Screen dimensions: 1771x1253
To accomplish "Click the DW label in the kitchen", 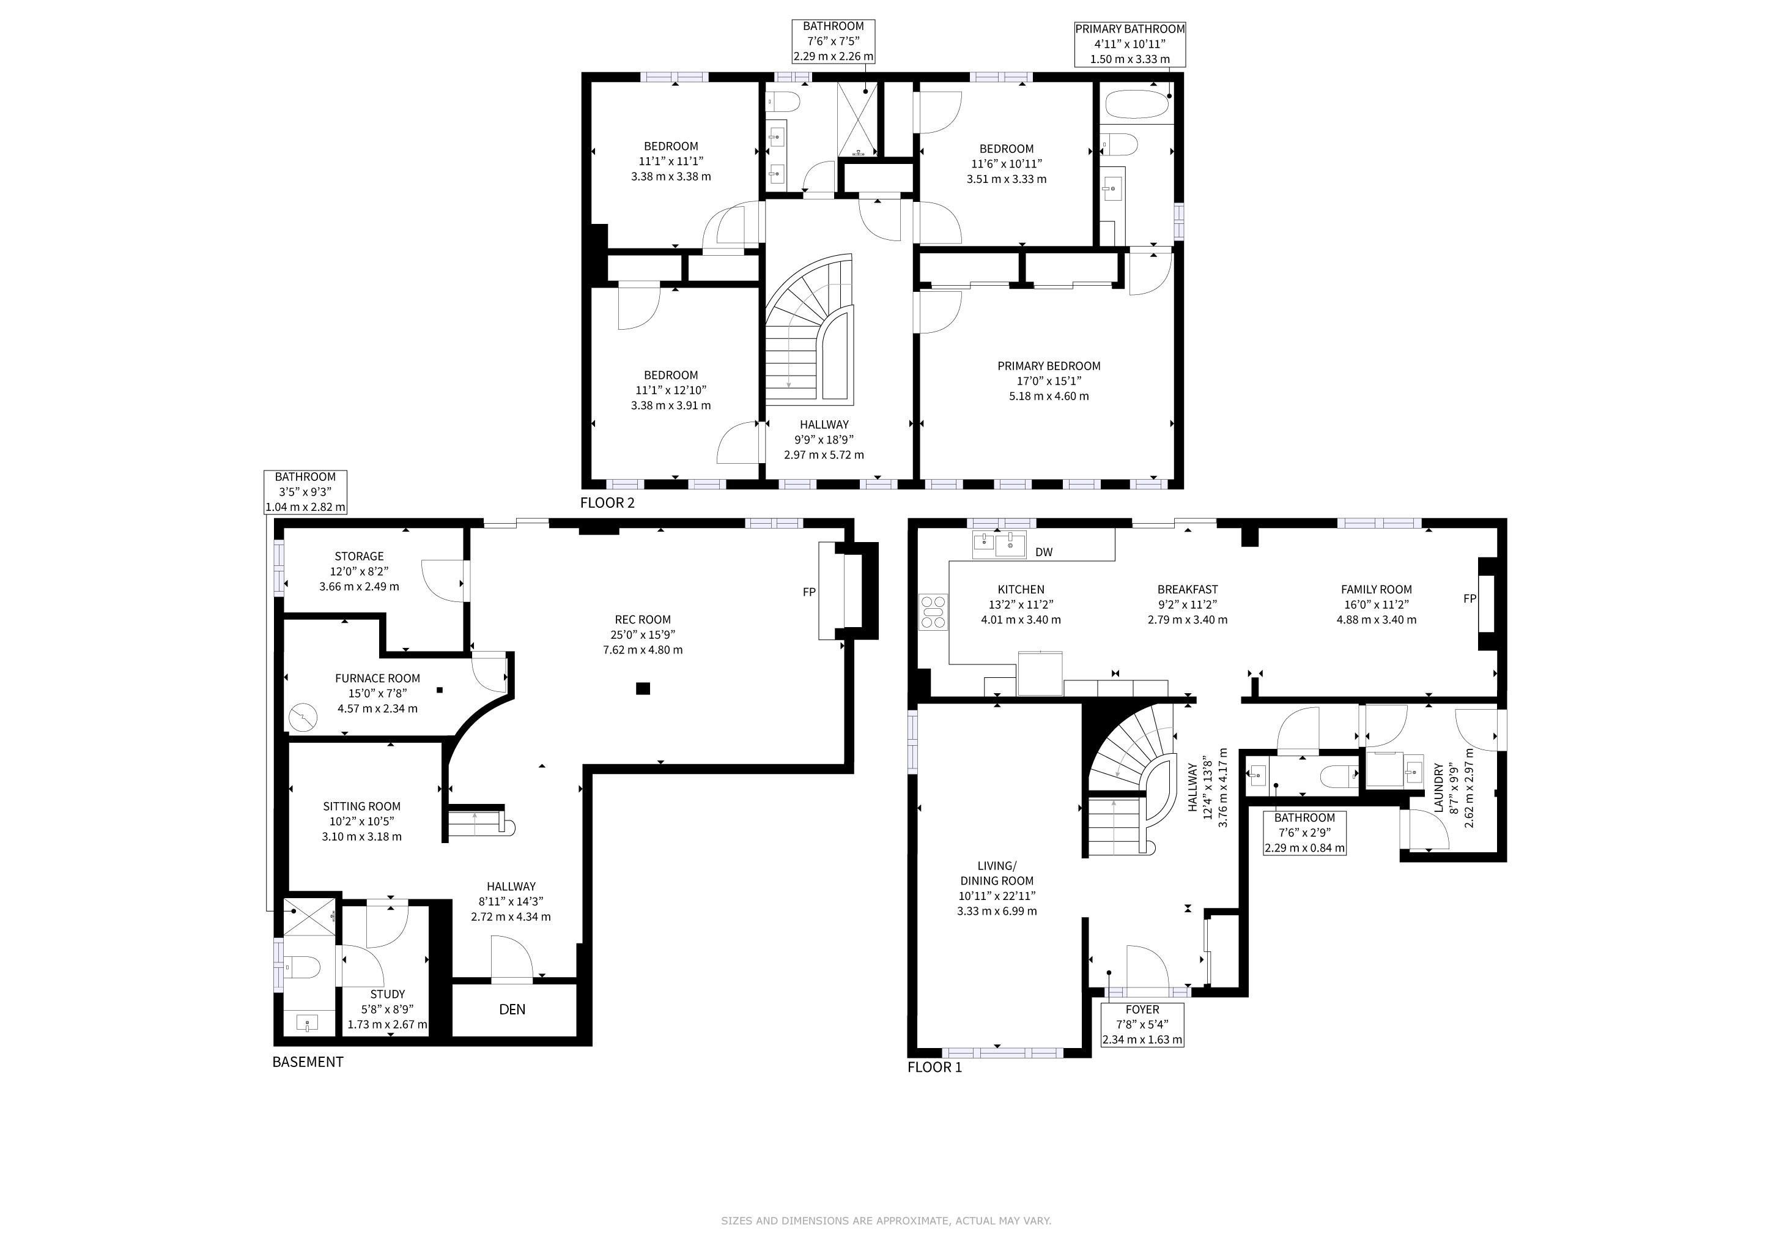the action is tap(1044, 552).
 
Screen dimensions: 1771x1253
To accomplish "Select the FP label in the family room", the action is tap(1470, 599).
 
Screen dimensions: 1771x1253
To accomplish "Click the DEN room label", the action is tap(512, 1009).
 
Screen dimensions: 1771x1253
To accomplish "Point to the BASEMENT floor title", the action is tap(308, 1062).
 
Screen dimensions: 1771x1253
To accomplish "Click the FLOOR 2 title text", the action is tap(607, 503).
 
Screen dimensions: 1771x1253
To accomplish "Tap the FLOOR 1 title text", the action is tap(935, 1067).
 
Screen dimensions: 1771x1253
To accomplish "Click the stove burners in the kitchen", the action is tap(933, 612).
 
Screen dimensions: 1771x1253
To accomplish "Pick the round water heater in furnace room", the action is tap(303, 718).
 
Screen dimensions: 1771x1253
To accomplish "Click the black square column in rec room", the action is tap(643, 689).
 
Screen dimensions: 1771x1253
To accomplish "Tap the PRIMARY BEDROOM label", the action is tap(1049, 366).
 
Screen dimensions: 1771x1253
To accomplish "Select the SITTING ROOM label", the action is tap(362, 806).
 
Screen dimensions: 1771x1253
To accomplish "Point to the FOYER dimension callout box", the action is tap(1142, 1025).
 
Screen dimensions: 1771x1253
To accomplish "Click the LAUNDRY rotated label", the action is tap(1438, 788).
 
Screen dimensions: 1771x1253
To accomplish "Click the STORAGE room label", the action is tap(360, 556).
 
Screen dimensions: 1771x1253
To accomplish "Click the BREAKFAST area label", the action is tap(1188, 589).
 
